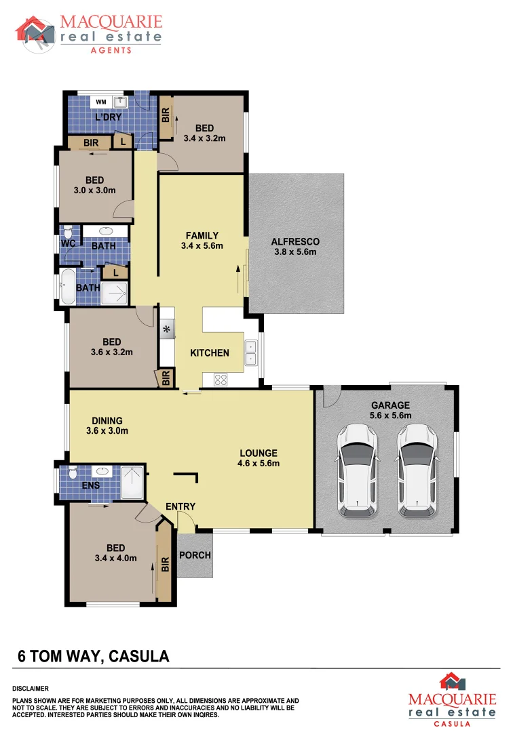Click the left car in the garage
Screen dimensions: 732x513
tap(358, 469)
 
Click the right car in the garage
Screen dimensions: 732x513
tap(417, 469)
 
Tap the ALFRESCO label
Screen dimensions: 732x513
tap(295, 241)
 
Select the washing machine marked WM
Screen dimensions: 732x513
tap(101, 102)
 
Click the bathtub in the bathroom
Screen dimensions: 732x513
tap(68, 287)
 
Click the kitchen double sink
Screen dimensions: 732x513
tap(251, 351)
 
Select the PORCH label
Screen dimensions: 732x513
tap(195, 555)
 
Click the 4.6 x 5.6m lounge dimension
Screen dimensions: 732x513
tap(259, 464)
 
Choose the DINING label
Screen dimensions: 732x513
tap(107, 420)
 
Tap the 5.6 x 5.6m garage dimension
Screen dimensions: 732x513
tap(390, 415)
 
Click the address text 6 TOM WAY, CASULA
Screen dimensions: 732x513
tap(93, 656)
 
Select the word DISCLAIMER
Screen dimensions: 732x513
tap(31, 688)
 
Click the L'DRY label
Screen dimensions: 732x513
tap(108, 117)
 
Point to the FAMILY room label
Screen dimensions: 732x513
tap(202, 235)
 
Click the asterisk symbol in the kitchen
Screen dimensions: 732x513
tap(166, 330)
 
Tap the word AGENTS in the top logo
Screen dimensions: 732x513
tap(111, 49)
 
